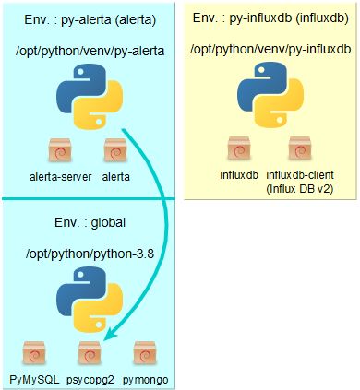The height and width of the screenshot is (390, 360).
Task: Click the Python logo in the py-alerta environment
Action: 89,102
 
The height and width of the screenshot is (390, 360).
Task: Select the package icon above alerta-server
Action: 58,150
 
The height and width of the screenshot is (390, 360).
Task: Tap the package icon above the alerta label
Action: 115,150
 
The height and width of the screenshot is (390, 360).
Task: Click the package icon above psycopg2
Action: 89,354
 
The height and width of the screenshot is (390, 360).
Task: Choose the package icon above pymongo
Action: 143,354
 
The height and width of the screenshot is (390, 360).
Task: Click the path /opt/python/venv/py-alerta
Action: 89,52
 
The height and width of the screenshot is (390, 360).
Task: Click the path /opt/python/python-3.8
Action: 89,254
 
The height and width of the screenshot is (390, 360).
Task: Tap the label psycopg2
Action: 91,378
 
